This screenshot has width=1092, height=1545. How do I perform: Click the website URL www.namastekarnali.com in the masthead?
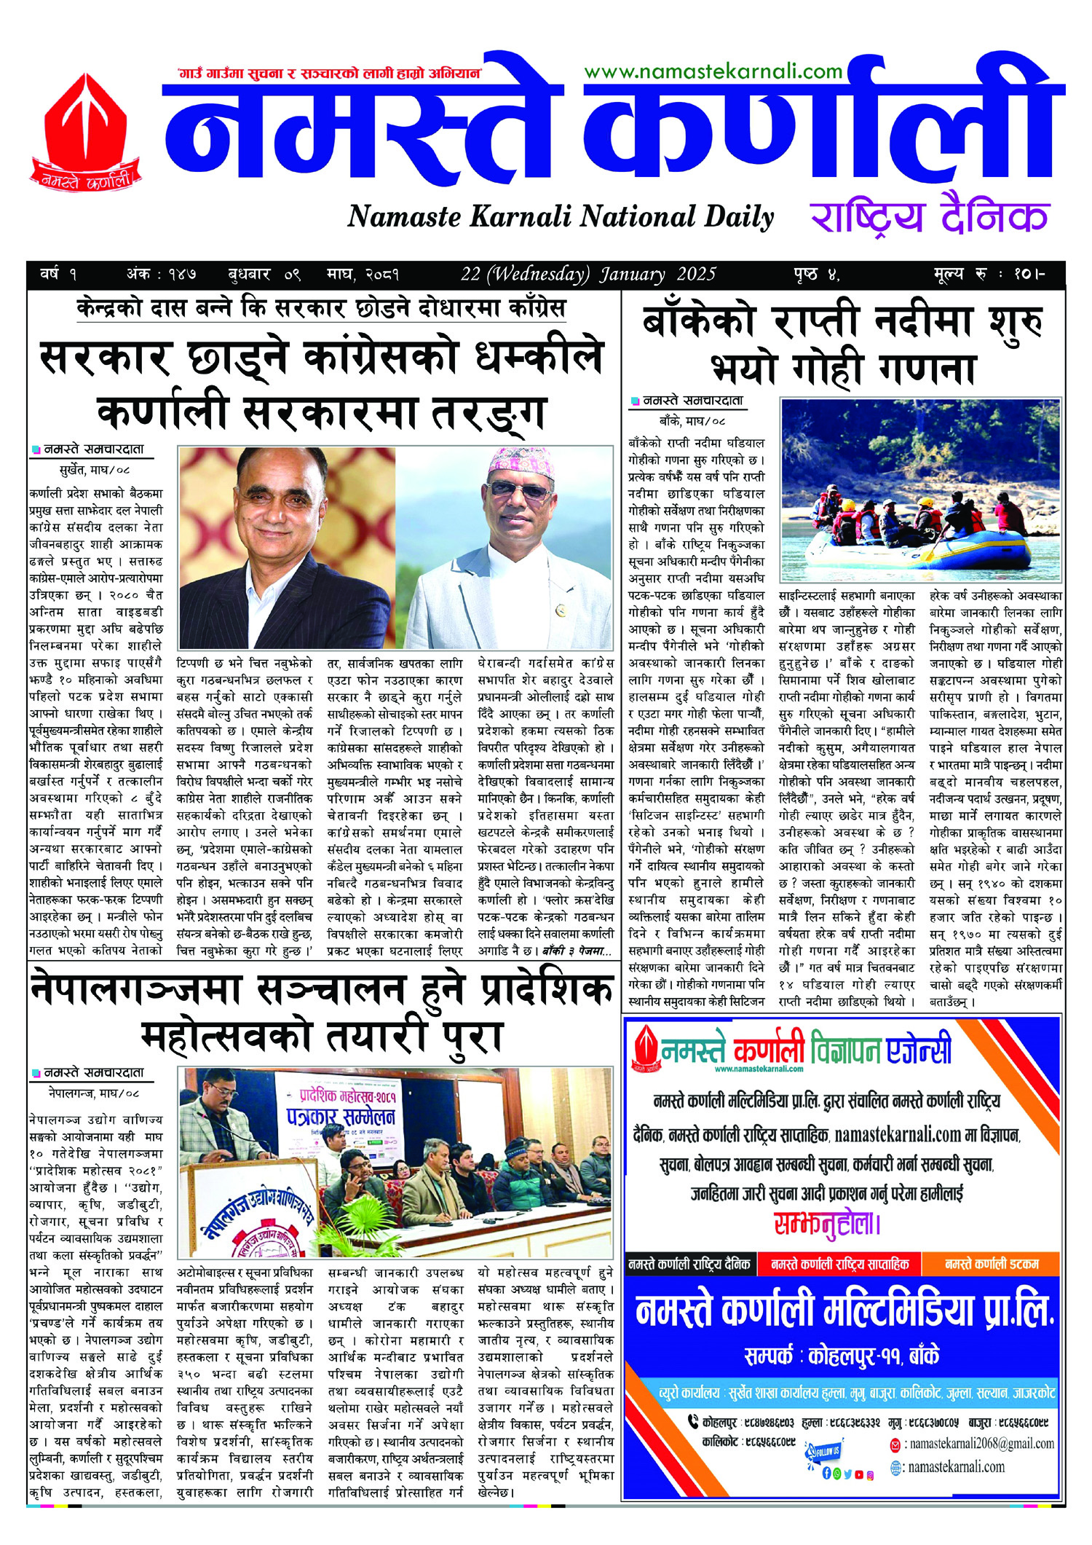coord(713,71)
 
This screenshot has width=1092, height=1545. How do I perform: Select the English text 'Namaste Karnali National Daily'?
coord(560,217)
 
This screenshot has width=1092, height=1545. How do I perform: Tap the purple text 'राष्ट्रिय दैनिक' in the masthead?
coord(929,216)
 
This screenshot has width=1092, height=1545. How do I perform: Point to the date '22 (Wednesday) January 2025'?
coord(588,275)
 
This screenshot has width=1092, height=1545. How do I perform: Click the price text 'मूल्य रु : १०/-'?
coord(989,275)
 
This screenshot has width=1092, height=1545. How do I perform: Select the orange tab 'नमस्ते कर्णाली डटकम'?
coord(991,1265)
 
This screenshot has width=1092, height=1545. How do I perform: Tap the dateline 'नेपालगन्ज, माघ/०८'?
coord(94,1093)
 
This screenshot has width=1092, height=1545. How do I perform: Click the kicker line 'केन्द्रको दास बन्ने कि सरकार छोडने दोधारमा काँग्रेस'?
coord(321,309)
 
